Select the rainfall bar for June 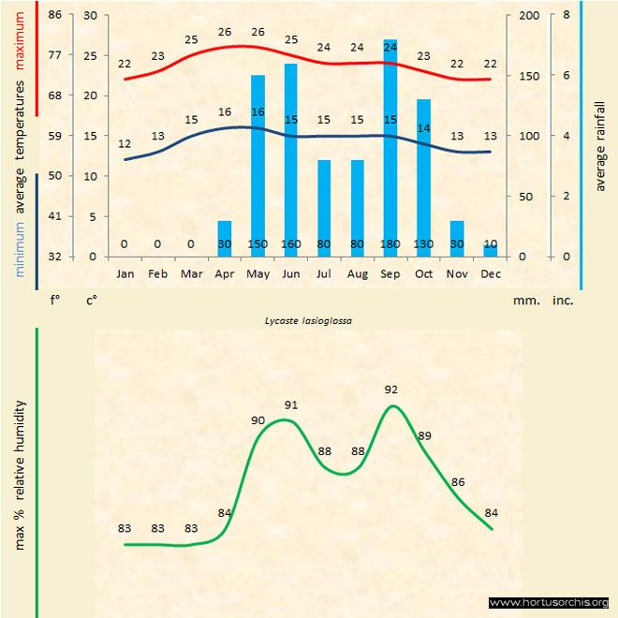coord(291,159)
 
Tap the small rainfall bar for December coord(490,250)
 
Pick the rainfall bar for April coord(225,238)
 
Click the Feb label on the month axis coord(157,274)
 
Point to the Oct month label coord(423,274)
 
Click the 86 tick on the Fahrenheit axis coord(55,16)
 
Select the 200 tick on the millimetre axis coord(529,16)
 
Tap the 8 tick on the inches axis coord(566,16)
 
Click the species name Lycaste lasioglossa coord(302,319)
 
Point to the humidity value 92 coord(390,389)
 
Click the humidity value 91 coord(291,405)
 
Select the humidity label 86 coord(458,482)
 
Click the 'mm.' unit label coord(525,302)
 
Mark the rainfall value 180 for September coord(390,244)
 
